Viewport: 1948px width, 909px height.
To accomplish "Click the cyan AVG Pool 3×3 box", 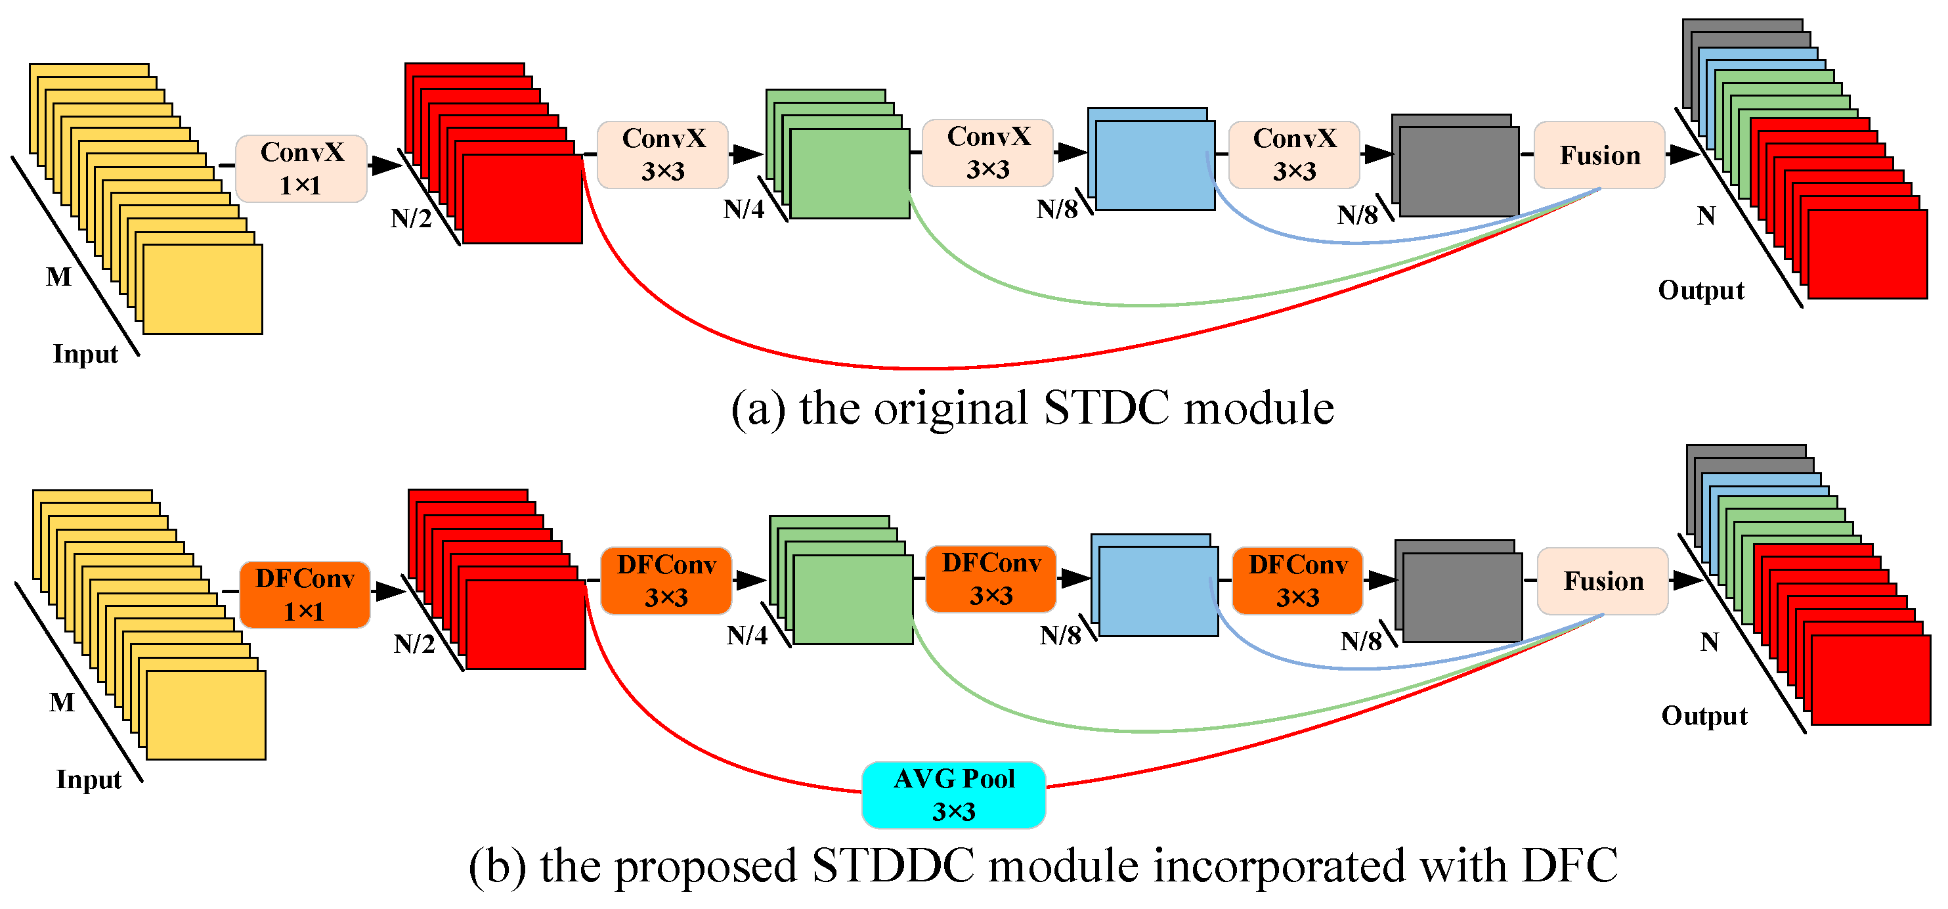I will (953, 794).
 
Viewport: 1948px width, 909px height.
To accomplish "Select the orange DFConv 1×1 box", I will (304, 594).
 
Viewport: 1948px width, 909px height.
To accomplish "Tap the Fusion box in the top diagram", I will (1599, 155).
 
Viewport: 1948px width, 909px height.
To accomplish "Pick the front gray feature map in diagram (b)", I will (1461, 598).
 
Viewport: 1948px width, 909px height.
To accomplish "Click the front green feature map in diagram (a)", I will (848, 174).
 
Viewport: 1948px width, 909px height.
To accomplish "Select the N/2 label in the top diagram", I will (410, 219).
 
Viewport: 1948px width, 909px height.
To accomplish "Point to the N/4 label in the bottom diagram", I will (747, 635).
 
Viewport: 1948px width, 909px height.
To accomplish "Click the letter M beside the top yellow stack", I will (58, 277).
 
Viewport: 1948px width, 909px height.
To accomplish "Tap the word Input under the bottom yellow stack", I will (89, 779).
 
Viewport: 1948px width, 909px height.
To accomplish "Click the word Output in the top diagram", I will (1700, 290).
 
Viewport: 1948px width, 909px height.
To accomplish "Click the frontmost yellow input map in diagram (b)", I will (206, 715).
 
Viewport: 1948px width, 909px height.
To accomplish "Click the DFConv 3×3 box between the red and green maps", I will (666, 581).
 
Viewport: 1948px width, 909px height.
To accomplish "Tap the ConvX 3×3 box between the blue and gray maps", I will (1293, 154).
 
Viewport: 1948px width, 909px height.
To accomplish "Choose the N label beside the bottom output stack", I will (1709, 642).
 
